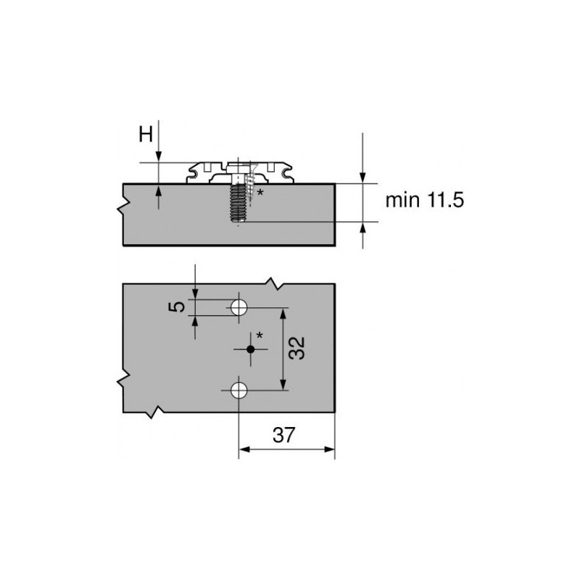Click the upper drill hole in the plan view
tap(239, 307)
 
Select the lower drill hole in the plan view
tap(239, 391)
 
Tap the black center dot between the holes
tap(251, 349)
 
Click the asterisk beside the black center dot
tap(259, 336)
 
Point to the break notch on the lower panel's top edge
tap(274, 281)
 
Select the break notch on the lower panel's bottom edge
tap(154, 413)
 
